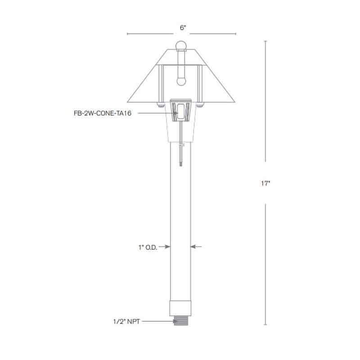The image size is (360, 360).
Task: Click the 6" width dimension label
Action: pos(183,27)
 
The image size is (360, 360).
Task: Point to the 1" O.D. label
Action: pos(148,247)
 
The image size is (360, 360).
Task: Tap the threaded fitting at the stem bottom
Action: pos(181,321)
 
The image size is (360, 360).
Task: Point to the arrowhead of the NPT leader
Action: pos(172,321)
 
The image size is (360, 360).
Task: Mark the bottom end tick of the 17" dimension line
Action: pos(266,324)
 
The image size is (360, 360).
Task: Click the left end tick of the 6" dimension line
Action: pos(128,34)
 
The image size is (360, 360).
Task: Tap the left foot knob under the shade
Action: pos(160,105)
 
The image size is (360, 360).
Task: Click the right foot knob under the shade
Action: pos(202,105)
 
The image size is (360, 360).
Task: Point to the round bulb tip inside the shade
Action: pos(181,82)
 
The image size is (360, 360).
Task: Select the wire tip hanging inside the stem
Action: pos(180,164)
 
